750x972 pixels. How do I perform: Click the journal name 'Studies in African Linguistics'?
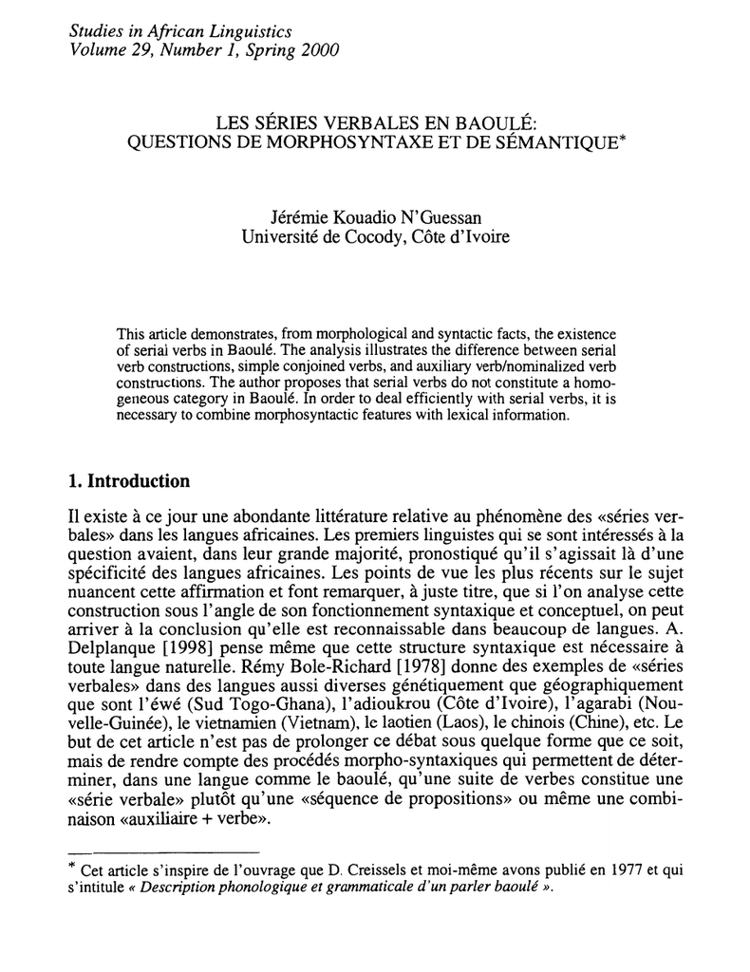[179, 31]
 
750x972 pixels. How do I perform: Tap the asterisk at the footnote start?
[75, 867]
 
